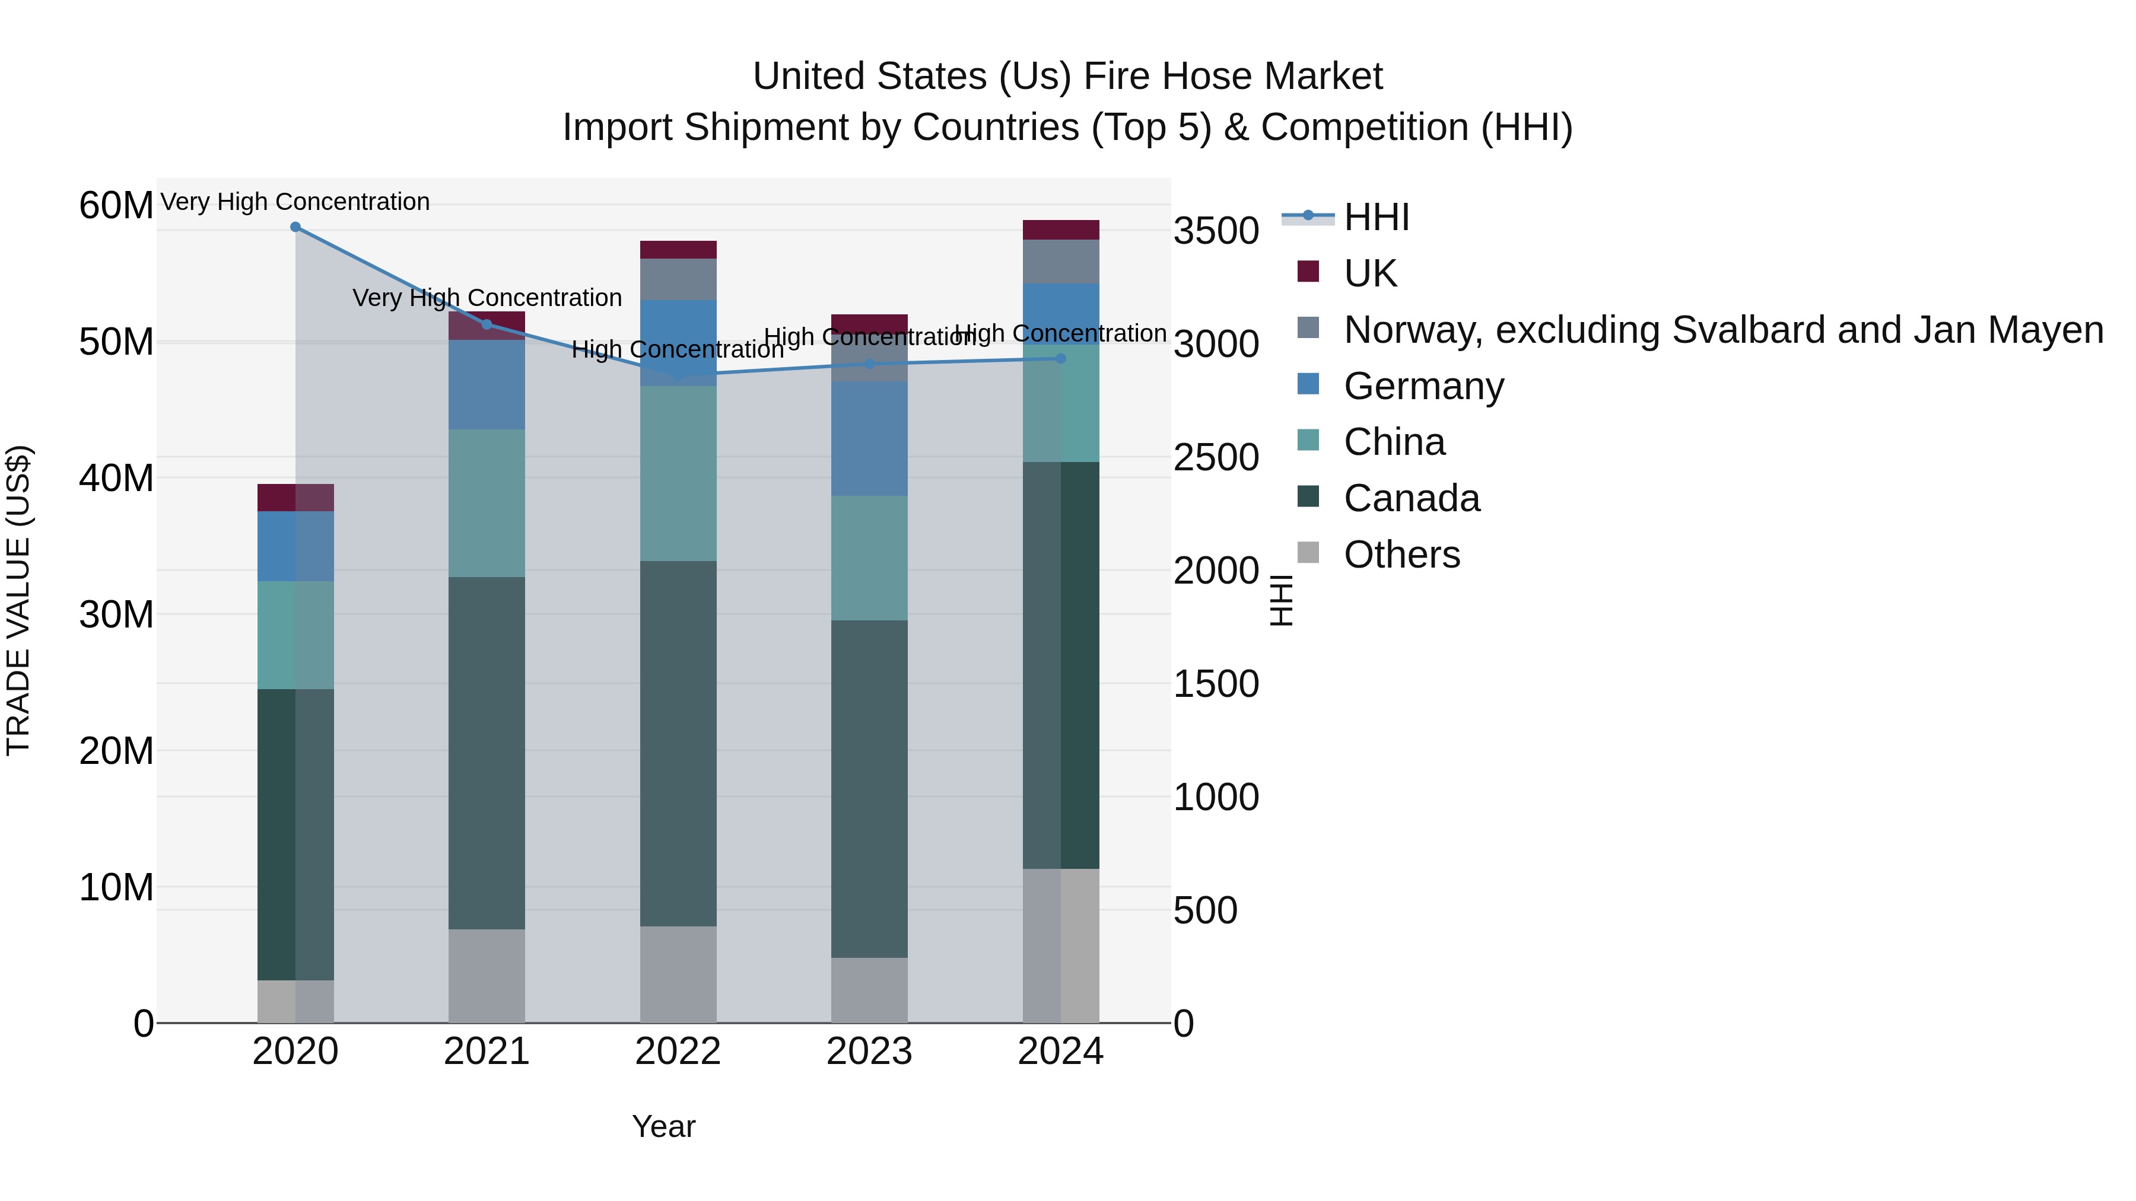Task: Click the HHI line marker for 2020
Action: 295,227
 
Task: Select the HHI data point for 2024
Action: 1060,358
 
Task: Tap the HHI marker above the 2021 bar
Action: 487,324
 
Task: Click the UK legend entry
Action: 1370,273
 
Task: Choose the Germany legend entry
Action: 1423,386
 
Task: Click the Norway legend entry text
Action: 1723,330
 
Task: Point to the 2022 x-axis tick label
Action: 678,1052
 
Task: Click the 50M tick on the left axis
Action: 116,342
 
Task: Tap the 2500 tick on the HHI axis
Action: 1216,457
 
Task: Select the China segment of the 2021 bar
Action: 487,502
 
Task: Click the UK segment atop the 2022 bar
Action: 678,250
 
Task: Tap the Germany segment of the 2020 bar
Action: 295,546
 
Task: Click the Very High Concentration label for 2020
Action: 295,202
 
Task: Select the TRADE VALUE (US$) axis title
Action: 18,600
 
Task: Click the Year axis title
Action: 663,1126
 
